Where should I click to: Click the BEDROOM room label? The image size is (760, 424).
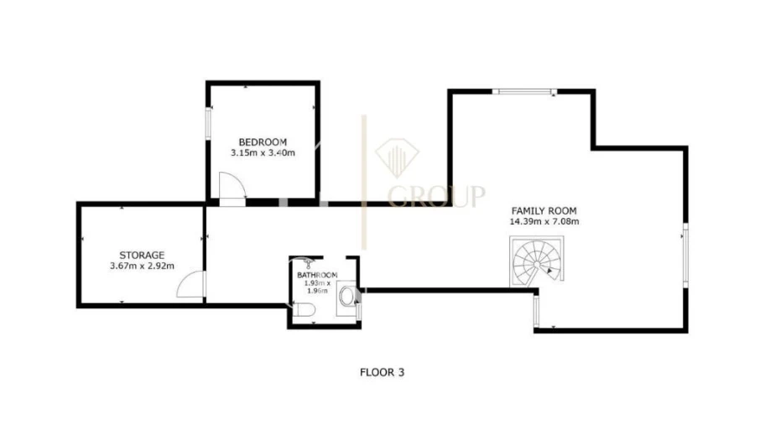click(x=263, y=142)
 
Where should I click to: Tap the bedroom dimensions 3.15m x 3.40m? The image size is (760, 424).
click(x=263, y=153)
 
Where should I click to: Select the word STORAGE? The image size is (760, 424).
click(x=142, y=255)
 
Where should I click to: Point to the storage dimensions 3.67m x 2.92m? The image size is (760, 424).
click(x=142, y=266)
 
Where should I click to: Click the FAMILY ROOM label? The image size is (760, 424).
click(x=544, y=211)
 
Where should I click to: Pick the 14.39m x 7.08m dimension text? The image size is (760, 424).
click(x=544, y=222)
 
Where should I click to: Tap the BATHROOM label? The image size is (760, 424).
click(x=317, y=275)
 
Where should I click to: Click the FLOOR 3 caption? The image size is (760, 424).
click(x=382, y=372)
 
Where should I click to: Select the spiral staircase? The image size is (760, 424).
click(x=537, y=261)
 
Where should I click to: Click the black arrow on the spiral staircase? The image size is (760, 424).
click(x=549, y=271)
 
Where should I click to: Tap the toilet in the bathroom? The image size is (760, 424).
click(x=305, y=309)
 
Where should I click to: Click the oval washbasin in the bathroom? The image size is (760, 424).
click(x=346, y=297)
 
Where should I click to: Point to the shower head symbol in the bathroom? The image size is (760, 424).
click(x=307, y=263)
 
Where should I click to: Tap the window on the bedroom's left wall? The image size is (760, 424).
click(x=208, y=123)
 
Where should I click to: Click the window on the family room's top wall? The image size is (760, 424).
click(x=525, y=91)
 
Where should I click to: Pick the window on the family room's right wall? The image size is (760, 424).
click(x=685, y=255)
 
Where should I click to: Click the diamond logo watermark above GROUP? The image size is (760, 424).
click(x=397, y=158)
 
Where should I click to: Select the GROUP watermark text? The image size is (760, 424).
click(x=436, y=196)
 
